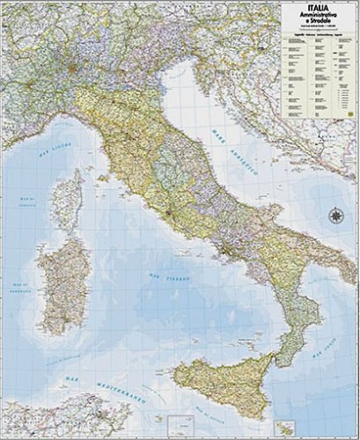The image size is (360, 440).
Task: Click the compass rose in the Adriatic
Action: tap(335, 215)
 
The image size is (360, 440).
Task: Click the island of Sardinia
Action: tap(64, 281)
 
